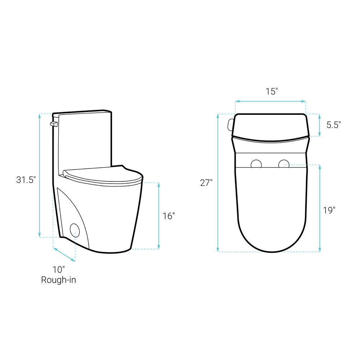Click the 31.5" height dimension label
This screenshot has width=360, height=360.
point(26,180)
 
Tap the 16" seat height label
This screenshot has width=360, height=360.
point(169,216)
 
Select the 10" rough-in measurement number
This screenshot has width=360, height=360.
point(59,270)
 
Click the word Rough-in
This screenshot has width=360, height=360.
point(59,280)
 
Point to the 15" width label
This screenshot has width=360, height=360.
point(272,91)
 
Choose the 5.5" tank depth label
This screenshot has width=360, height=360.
point(334,125)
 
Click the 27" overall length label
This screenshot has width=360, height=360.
point(206,183)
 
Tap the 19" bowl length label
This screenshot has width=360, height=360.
point(329,210)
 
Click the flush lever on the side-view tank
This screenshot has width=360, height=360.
point(54,124)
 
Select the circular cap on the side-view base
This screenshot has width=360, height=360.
point(75,230)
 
